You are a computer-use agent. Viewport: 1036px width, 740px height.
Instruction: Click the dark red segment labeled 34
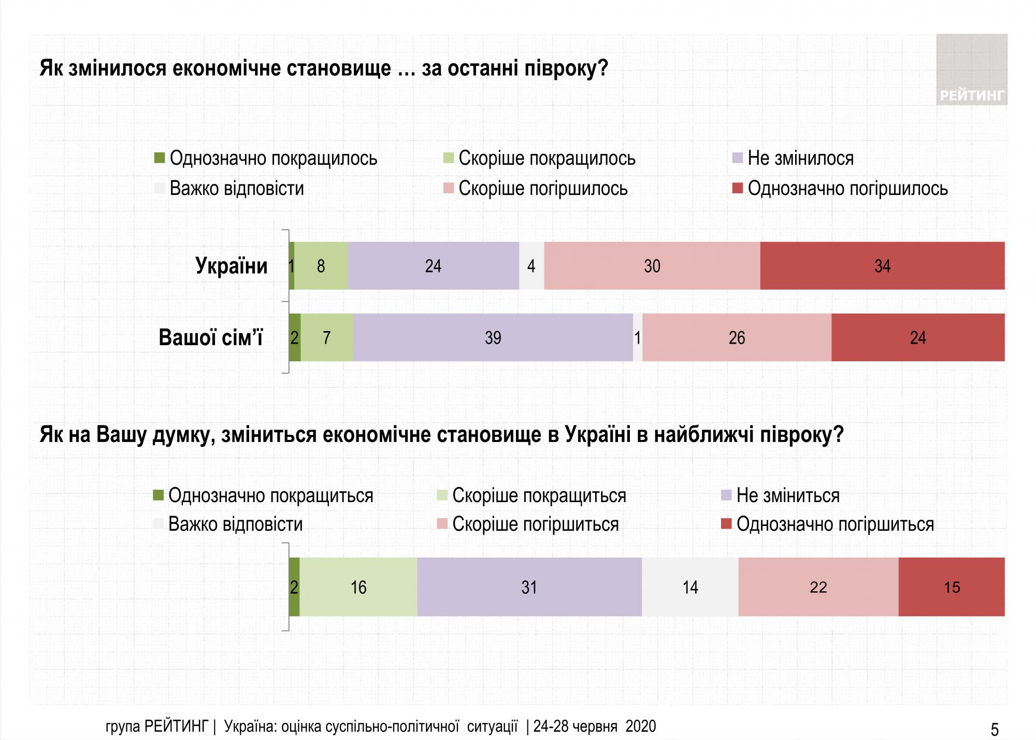pyautogui.click(x=882, y=266)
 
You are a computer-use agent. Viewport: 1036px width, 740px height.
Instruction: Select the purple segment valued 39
pyautogui.click(x=493, y=337)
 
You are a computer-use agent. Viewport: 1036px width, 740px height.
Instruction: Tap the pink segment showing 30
pyautogui.click(x=652, y=266)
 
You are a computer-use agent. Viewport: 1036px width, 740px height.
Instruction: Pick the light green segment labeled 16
pyautogui.click(x=358, y=587)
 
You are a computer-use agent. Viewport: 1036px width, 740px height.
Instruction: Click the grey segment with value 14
pyautogui.click(x=690, y=587)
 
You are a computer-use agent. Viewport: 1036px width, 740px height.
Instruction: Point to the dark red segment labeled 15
pyautogui.click(x=952, y=587)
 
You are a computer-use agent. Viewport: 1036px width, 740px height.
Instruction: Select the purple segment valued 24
pyautogui.click(x=433, y=266)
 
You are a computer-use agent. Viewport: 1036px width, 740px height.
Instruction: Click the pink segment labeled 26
pyautogui.click(x=737, y=337)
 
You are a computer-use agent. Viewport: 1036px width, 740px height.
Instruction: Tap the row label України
pyautogui.click(x=232, y=266)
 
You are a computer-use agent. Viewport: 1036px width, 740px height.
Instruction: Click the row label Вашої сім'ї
pyautogui.click(x=210, y=337)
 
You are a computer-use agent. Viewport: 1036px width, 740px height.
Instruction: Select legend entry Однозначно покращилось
pyautogui.click(x=272, y=158)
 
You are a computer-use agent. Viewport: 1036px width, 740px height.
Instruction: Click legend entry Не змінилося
pyautogui.click(x=800, y=158)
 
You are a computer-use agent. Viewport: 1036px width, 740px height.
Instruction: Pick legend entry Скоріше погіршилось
pyautogui.click(x=542, y=188)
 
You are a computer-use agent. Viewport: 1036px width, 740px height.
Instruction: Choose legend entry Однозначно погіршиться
pyautogui.click(x=834, y=524)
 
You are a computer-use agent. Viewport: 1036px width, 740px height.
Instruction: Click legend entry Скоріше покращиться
pyautogui.click(x=539, y=495)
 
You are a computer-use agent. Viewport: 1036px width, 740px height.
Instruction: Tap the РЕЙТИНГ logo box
pyautogui.click(x=971, y=70)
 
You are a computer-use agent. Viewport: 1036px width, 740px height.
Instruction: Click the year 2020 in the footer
pyautogui.click(x=641, y=727)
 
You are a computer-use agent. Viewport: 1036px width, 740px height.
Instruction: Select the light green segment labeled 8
pyautogui.click(x=321, y=266)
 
